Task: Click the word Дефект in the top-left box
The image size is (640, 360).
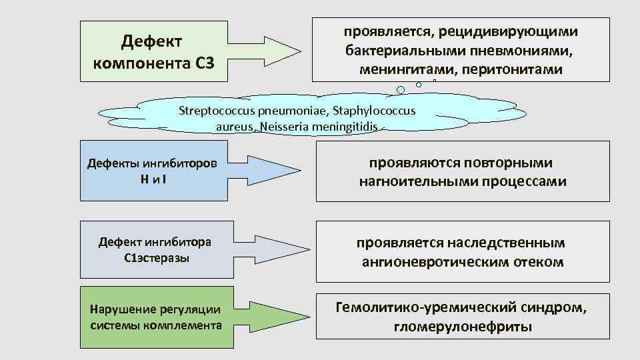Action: (153, 43)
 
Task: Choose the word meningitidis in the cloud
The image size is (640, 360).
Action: (343, 126)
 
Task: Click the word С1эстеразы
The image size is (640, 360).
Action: (157, 258)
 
